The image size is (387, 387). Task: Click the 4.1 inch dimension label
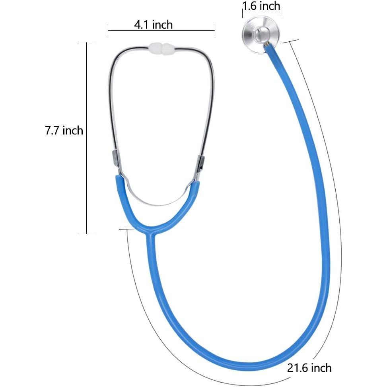click(153, 25)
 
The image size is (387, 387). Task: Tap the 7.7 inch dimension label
click(64, 130)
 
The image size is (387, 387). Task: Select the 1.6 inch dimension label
click(261, 6)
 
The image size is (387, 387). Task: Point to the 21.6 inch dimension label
click(309, 368)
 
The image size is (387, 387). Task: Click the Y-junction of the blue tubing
click(151, 231)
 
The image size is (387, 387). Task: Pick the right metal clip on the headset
click(200, 163)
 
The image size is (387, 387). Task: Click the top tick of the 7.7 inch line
click(87, 42)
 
